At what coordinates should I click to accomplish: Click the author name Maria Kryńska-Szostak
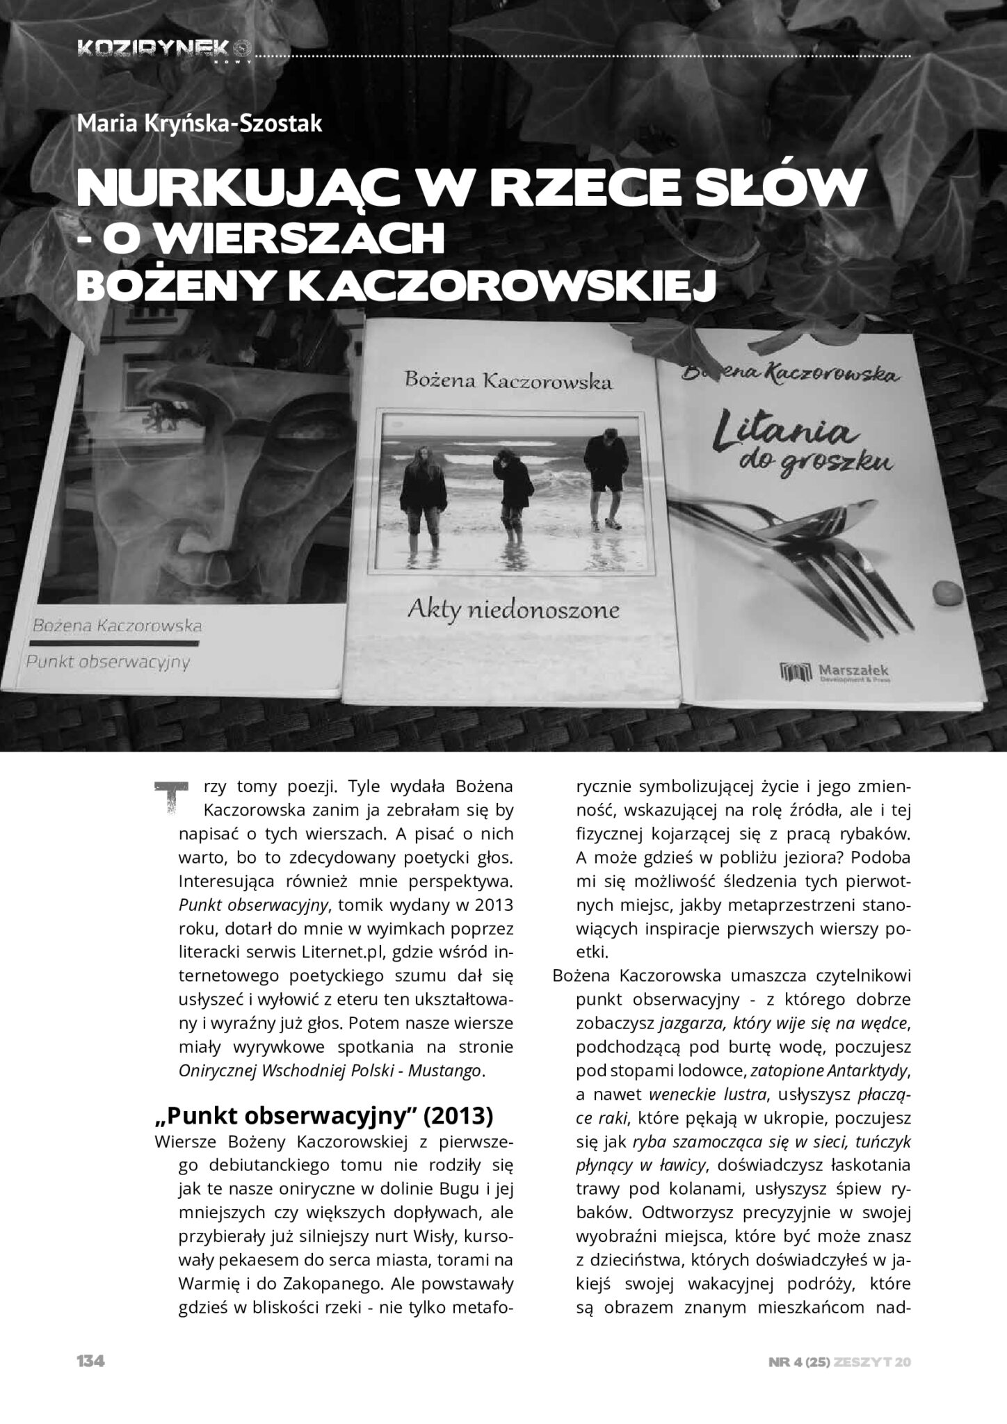tap(200, 124)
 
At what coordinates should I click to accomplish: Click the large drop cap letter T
tap(169, 798)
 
